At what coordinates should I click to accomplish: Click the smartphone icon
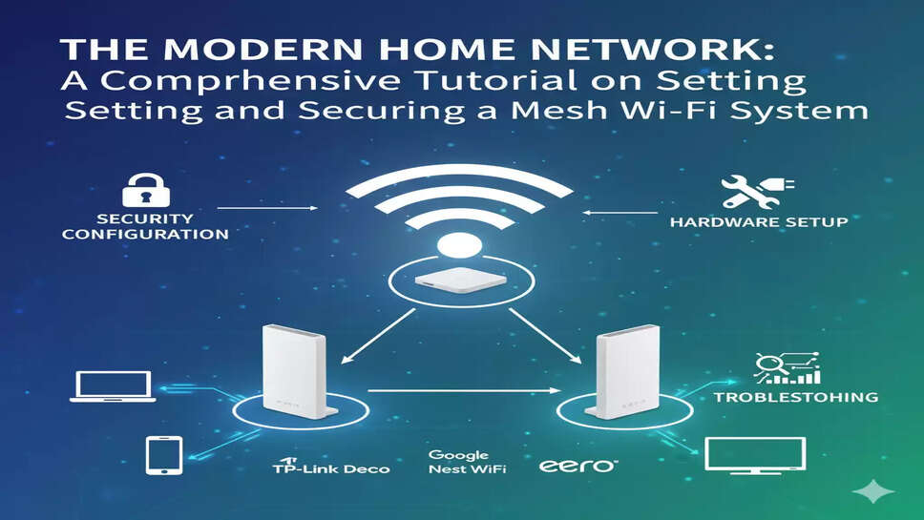163,455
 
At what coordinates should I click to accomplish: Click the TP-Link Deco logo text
330,468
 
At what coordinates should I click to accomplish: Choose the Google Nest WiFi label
467,462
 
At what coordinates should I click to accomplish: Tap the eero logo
578,466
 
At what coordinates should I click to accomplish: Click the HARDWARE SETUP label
758,222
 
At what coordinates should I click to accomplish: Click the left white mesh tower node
297,371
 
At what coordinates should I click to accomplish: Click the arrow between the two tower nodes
464,390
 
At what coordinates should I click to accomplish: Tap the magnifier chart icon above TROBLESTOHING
786,368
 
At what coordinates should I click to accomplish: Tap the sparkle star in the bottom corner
874,490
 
